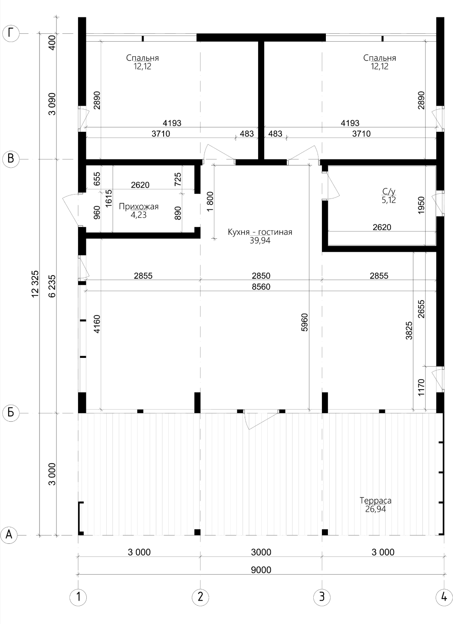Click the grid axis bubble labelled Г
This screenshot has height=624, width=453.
tap(10, 33)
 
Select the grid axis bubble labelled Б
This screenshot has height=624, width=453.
tap(10, 413)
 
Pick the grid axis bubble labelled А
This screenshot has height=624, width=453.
tap(9, 535)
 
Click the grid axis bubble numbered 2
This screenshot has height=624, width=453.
tap(200, 597)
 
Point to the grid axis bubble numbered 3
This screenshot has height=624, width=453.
tap(322, 597)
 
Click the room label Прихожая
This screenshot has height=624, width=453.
tap(139, 206)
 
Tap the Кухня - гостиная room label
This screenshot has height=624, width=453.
tap(260, 232)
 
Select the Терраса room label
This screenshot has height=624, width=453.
tap(375, 500)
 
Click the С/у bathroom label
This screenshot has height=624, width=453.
tap(389, 192)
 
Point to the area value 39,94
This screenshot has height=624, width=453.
tap(260, 240)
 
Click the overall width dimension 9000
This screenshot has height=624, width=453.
tap(261, 570)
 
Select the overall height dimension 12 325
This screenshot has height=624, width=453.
tap(35, 284)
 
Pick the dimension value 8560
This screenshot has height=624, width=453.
tap(261, 287)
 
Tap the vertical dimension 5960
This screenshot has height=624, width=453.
tap(305, 322)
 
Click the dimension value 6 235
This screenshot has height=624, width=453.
tap(52, 286)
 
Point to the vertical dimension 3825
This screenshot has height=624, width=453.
tap(409, 331)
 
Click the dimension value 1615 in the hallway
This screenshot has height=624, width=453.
tap(108, 198)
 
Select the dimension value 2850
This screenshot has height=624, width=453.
tap(261, 276)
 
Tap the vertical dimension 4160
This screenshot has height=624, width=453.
tap(97, 324)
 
